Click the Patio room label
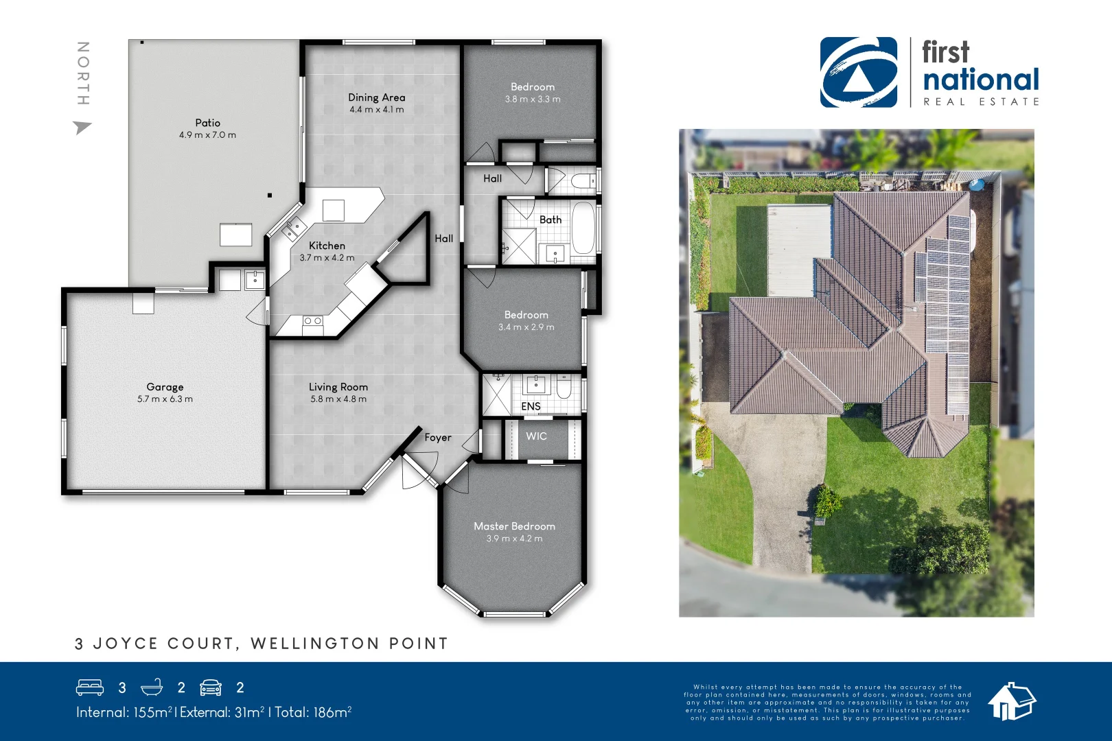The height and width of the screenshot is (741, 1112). (x=207, y=123)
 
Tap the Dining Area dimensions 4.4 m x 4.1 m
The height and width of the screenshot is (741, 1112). (x=376, y=110)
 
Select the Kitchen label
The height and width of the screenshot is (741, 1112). (x=327, y=246)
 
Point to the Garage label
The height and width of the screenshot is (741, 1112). (x=165, y=387)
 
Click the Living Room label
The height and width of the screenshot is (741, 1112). (x=338, y=387)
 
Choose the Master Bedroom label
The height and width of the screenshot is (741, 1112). (x=514, y=526)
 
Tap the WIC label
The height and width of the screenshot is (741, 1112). (x=536, y=436)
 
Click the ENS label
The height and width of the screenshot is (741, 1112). (x=531, y=406)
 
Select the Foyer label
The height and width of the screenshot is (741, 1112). (x=437, y=438)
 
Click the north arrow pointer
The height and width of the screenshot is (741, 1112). (x=82, y=127)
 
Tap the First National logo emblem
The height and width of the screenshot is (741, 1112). (x=858, y=72)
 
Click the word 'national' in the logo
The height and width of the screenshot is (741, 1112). (x=981, y=80)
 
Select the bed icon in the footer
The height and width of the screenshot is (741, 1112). (x=90, y=687)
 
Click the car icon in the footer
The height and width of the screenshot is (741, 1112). (x=211, y=687)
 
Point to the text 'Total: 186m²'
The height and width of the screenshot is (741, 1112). (x=313, y=712)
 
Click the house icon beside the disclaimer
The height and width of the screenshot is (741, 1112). (x=1011, y=701)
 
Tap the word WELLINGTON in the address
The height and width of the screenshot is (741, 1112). (x=315, y=644)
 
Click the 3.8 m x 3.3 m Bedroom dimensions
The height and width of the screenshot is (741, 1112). (x=533, y=99)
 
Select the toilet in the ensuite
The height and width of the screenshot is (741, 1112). (x=564, y=389)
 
